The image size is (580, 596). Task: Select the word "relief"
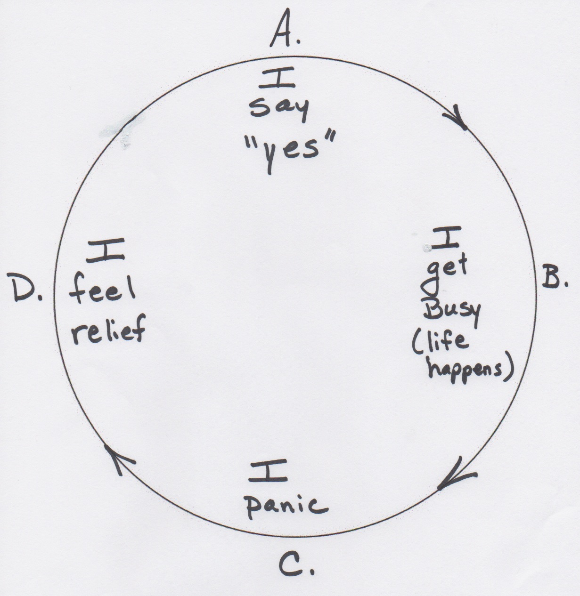pyautogui.click(x=109, y=331)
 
